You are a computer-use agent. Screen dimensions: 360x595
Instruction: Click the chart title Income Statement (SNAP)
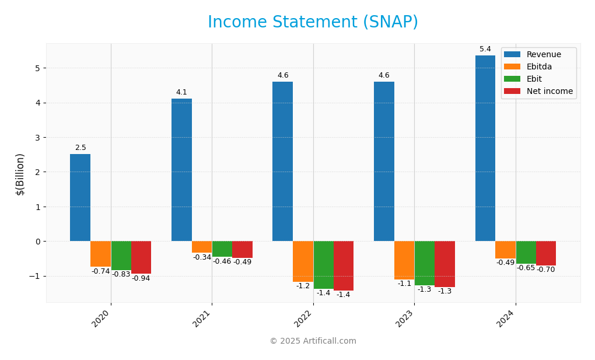tap(313, 23)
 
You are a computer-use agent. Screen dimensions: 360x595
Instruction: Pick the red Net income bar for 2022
tap(344, 265)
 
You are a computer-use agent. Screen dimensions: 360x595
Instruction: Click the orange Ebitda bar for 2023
tap(404, 260)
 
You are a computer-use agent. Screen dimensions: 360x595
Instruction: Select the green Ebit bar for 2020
tap(121, 256)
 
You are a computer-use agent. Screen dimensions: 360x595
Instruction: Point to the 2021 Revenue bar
tap(181, 170)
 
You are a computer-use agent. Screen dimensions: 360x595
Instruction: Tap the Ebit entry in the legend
tap(534, 79)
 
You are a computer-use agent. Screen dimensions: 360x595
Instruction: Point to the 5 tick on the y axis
tap(37, 68)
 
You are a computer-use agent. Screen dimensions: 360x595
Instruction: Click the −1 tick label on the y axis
tap(34, 276)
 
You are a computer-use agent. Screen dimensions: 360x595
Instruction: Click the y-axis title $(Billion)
tap(20, 174)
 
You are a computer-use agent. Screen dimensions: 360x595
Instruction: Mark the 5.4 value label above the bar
tap(485, 49)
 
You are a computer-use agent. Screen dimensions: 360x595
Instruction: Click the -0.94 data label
tap(141, 278)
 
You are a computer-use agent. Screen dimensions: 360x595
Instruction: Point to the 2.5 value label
tap(80, 148)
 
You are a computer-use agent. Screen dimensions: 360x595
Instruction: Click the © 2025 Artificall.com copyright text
tap(313, 341)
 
